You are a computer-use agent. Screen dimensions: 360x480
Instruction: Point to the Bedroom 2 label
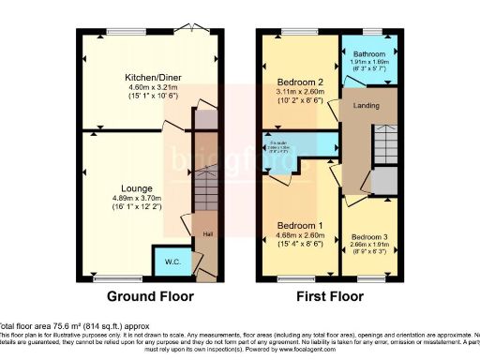pos(300,82)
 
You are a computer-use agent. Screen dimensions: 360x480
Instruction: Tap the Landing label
pos(365,105)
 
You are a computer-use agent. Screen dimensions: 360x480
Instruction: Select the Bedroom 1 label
pos(300,225)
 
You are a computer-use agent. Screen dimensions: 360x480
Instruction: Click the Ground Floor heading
pos(150,296)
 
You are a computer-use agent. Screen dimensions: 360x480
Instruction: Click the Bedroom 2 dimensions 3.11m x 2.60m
pos(300,92)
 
